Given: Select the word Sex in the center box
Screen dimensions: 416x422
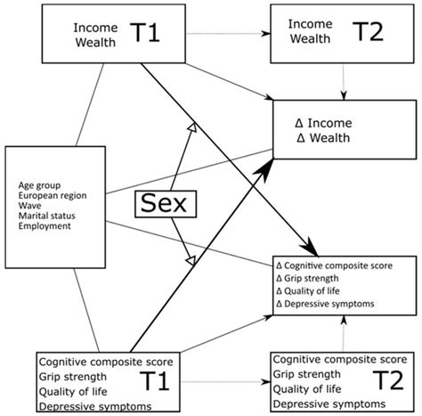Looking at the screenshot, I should (x=161, y=203).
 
